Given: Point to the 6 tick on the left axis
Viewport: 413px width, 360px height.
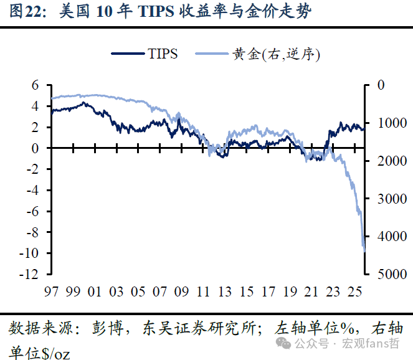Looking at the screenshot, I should [36, 85].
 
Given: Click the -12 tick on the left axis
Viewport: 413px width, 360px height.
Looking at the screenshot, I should [31, 274].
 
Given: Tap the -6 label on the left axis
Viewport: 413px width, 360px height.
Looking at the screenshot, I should [34, 211].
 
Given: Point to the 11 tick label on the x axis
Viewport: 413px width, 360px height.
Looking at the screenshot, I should [202, 291].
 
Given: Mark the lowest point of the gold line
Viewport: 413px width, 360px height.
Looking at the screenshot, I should [363, 251].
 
